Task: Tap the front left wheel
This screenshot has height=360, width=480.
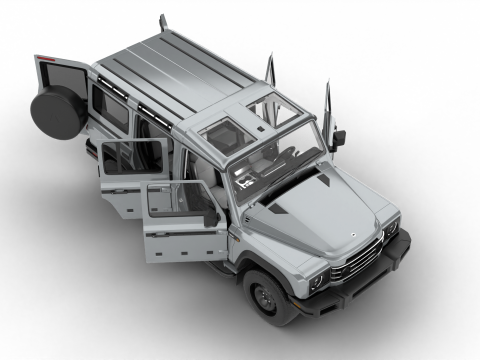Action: pos(268,296)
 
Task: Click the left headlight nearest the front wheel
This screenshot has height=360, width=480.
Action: pos(317,281)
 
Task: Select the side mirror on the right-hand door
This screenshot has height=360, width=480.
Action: pos(338,137)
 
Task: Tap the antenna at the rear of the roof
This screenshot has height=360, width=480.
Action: pos(162,22)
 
